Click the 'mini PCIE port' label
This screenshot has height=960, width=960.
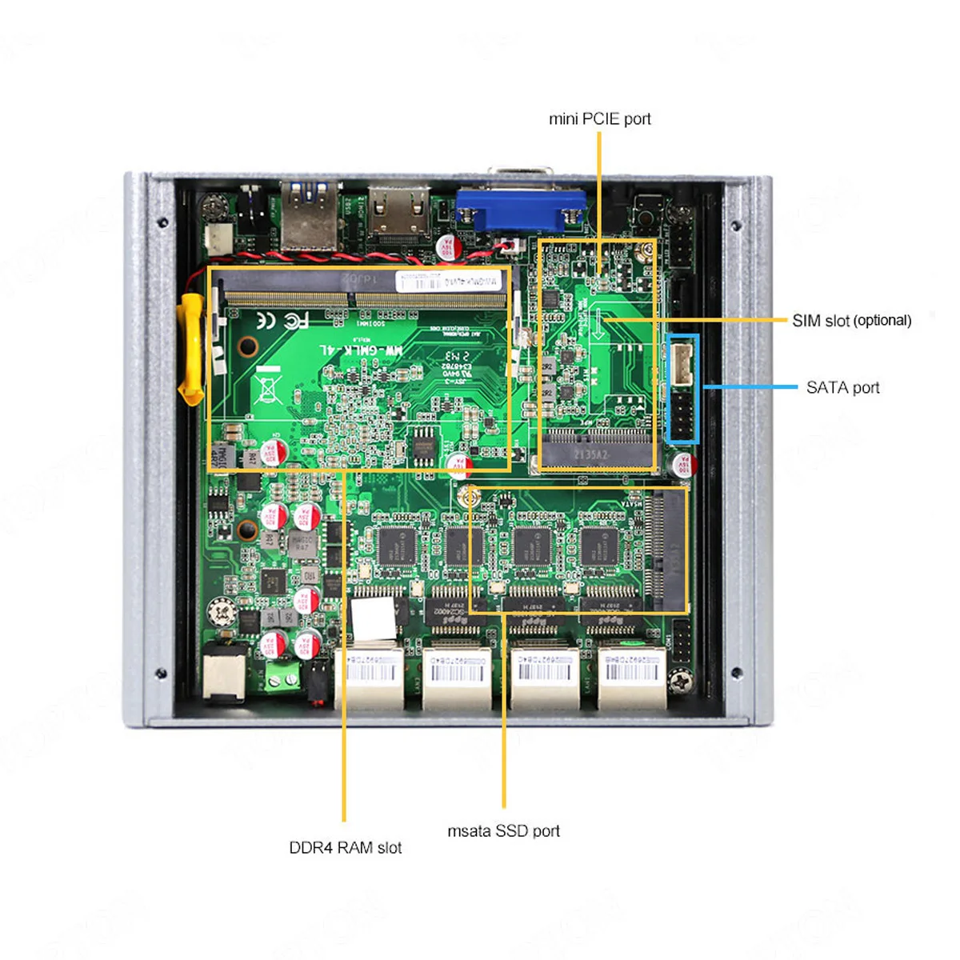(x=599, y=119)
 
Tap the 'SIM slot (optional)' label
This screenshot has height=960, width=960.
(x=851, y=321)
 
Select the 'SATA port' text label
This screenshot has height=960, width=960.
(x=842, y=388)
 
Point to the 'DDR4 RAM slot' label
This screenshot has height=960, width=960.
(x=345, y=848)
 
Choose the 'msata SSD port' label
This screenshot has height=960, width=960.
(x=503, y=831)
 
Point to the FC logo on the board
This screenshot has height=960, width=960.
(x=282, y=321)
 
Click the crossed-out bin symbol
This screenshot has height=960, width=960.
(x=266, y=387)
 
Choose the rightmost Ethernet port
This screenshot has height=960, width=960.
(x=632, y=677)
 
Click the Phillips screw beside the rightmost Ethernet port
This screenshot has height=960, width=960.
(x=682, y=681)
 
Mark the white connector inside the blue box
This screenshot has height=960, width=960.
(x=682, y=364)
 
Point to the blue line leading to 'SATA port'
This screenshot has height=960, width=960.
(x=750, y=387)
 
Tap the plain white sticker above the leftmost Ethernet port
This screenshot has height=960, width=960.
(x=374, y=618)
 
